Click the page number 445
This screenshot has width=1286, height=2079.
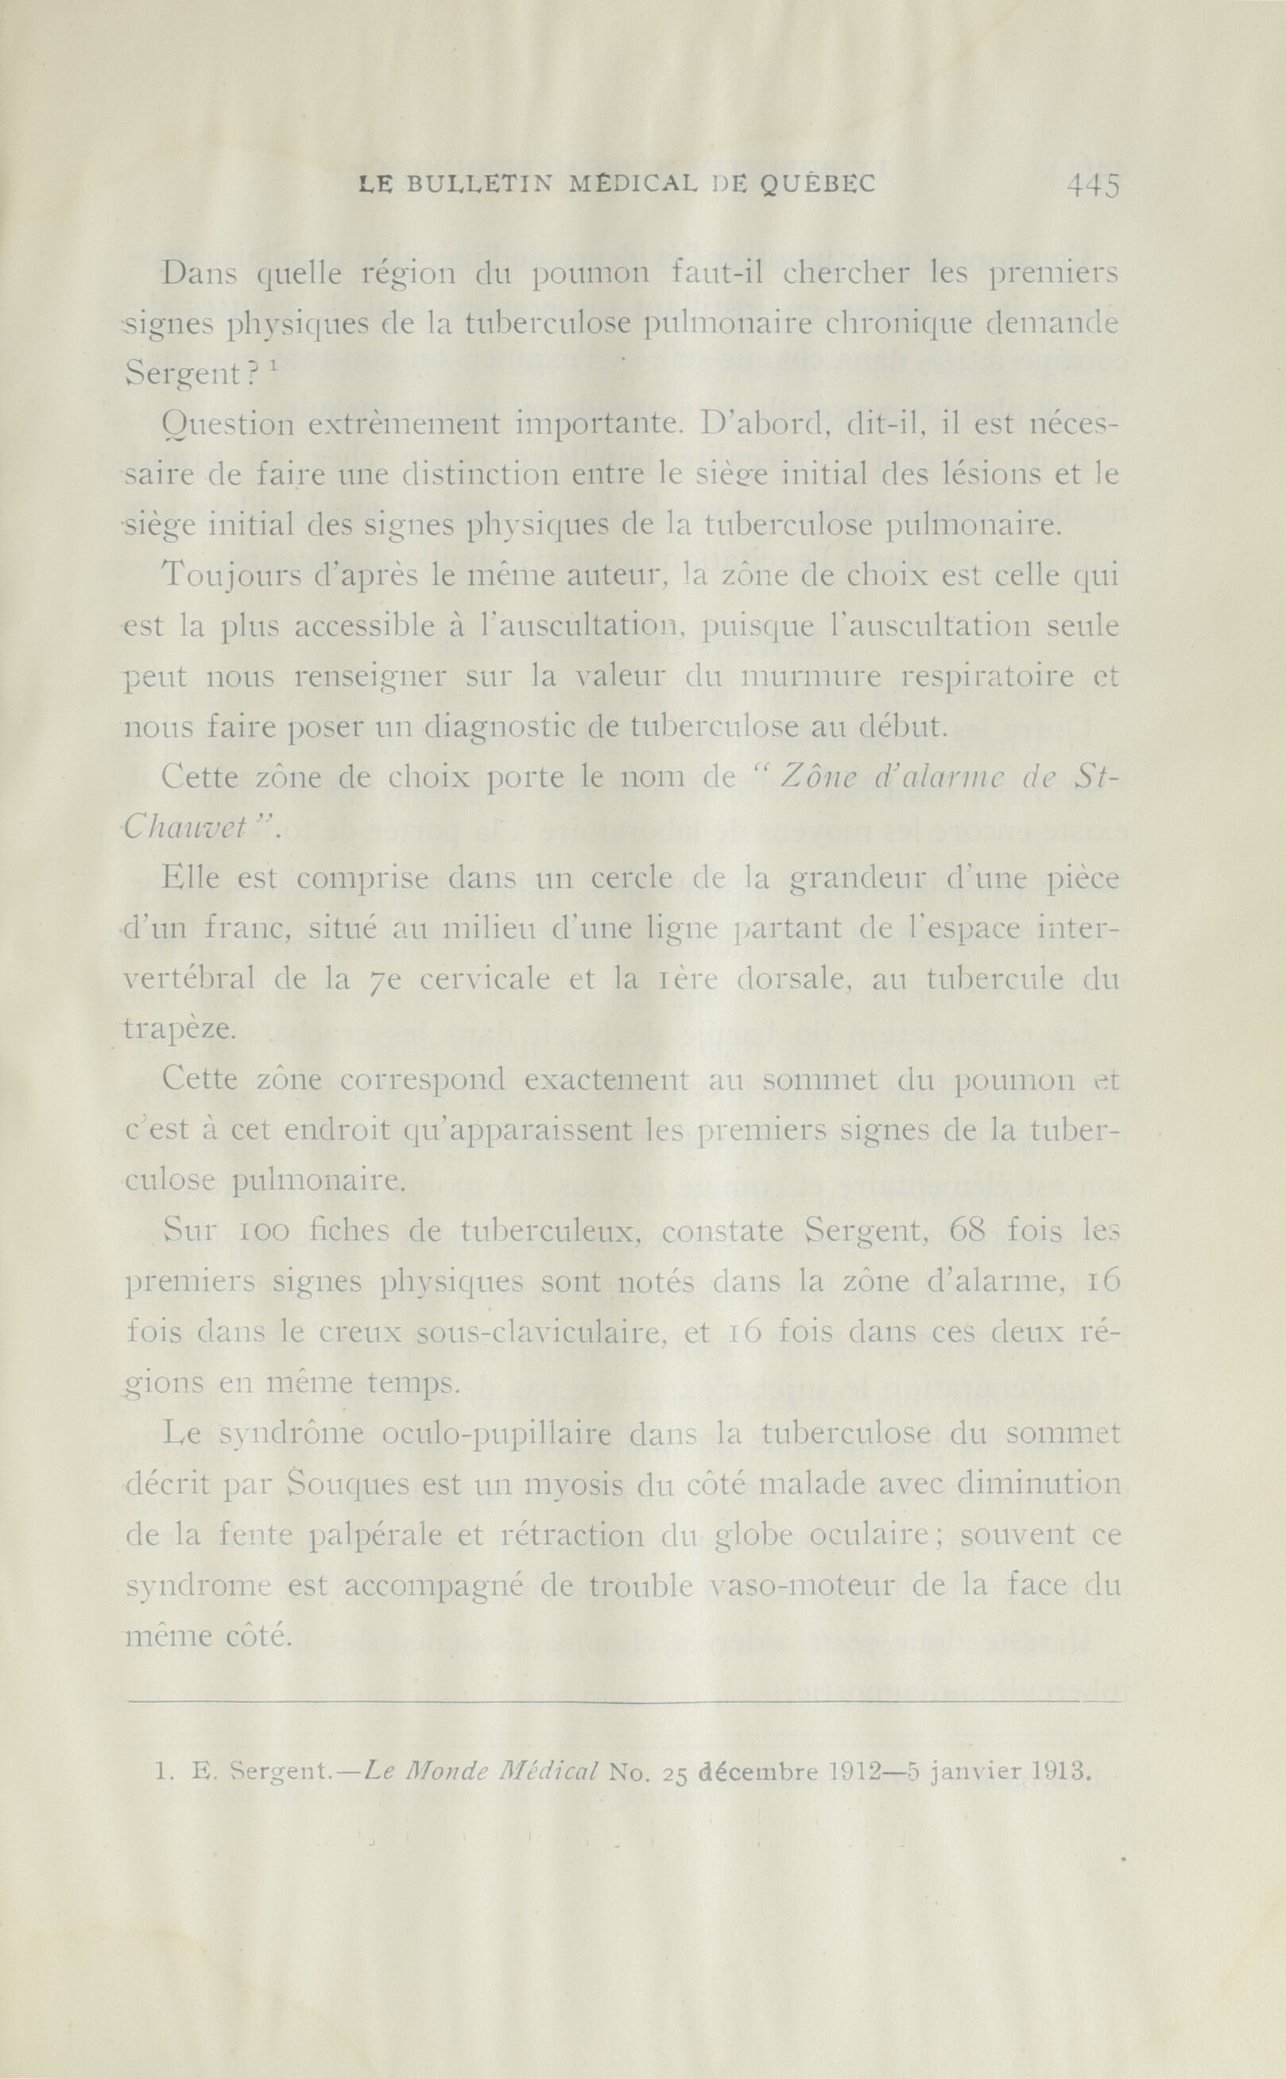click(1093, 186)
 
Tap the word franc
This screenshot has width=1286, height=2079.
click(250, 929)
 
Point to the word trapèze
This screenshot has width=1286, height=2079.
click(175, 1031)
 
